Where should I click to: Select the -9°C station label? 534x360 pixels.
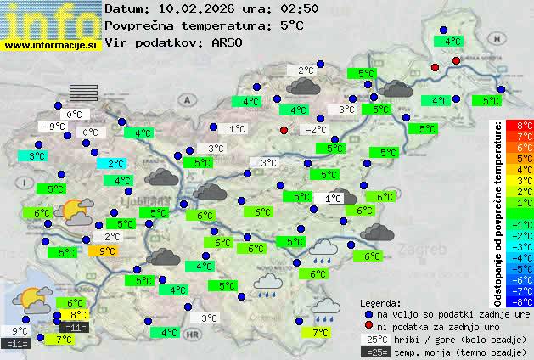coord(55,127)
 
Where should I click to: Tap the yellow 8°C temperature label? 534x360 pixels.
coord(78,315)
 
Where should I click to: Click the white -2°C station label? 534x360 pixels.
coord(316,130)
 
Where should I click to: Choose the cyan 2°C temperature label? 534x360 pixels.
coord(115,164)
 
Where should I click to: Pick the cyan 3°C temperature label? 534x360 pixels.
coord(36,156)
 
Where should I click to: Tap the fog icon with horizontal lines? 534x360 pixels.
coord(84,92)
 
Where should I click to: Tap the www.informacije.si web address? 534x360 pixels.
coord(51,44)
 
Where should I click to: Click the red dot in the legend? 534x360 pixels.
coord(369,325)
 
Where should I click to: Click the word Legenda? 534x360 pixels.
coord(380,302)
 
